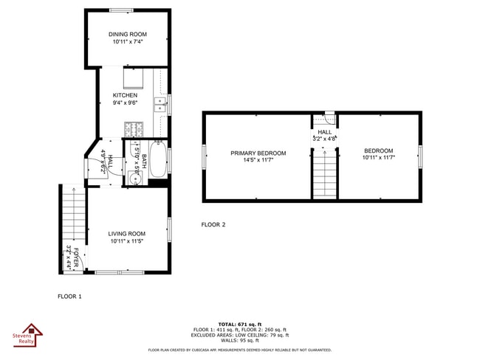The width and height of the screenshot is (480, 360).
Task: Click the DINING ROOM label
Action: (128, 34)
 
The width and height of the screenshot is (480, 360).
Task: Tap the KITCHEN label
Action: (125, 95)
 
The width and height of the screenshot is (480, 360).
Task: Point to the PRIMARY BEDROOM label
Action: (258, 153)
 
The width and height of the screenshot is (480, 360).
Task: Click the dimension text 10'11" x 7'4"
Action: (128, 42)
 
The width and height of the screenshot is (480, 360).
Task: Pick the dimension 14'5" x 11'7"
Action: (258, 161)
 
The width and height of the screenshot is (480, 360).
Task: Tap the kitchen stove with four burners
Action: (134, 131)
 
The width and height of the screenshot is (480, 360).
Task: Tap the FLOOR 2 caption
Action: (213, 224)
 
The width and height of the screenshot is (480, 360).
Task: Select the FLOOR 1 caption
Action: (70, 296)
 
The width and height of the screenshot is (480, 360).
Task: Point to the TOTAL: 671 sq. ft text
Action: (239, 324)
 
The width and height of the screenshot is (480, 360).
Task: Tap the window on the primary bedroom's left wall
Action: (204, 156)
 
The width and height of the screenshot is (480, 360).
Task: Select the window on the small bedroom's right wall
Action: (420, 156)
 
